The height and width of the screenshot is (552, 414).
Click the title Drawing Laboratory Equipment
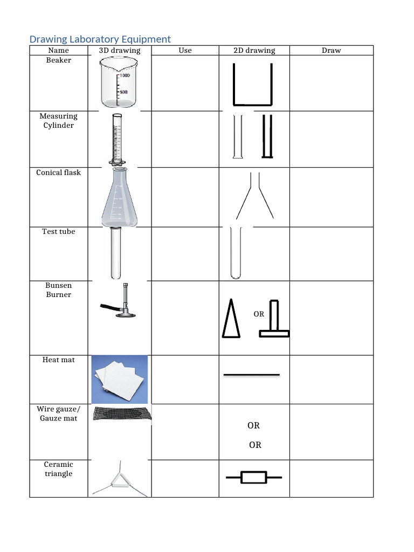[100, 39]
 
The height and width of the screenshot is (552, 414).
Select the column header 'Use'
[185, 50]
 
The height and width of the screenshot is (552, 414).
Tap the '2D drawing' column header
[254, 50]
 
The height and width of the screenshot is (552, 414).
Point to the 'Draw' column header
[331, 50]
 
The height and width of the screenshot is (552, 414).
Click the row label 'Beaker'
[58, 60]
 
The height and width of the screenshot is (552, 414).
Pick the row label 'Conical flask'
[58, 172]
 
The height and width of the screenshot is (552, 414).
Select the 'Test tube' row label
[58, 231]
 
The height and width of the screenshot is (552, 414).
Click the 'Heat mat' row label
[58, 359]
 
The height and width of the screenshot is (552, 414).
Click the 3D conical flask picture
[119, 197]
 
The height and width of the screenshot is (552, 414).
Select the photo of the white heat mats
[120, 379]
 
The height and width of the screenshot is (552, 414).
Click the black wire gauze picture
[122, 414]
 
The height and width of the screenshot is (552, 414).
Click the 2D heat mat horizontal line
[251, 374]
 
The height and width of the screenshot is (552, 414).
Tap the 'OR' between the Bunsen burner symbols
[259, 314]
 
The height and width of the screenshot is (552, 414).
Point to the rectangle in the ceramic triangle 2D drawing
[253, 477]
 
